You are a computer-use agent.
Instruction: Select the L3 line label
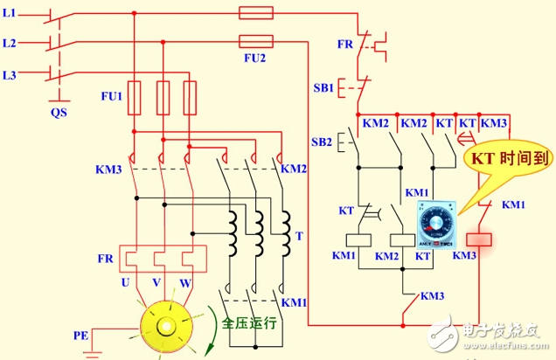(x=10, y=76)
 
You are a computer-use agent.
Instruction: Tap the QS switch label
(x=59, y=111)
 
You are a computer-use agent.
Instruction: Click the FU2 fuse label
(x=254, y=58)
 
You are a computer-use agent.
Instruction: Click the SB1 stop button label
(x=323, y=88)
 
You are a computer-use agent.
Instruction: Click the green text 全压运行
(x=248, y=322)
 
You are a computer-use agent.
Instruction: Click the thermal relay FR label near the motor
(x=106, y=260)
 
